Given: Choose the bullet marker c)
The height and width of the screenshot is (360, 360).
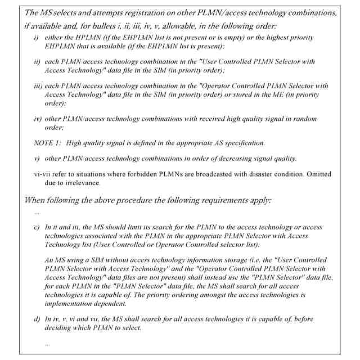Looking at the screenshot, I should click(37, 227).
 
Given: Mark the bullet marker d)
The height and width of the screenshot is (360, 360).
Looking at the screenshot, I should click(37, 319).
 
